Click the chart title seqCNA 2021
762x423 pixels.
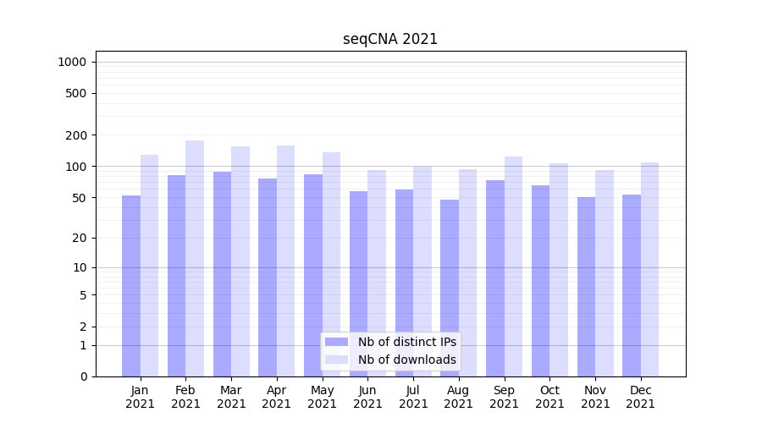[x=390, y=39]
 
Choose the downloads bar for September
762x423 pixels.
[x=513, y=266]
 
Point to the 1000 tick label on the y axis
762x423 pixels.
[x=72, y=62]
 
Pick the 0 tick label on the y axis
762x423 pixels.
[x=83, y=376]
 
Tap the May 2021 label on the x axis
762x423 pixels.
[x=322, y=397]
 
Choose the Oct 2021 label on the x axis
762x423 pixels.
[x=549, y=397]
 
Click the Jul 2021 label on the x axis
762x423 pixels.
[x=413, y=397]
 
